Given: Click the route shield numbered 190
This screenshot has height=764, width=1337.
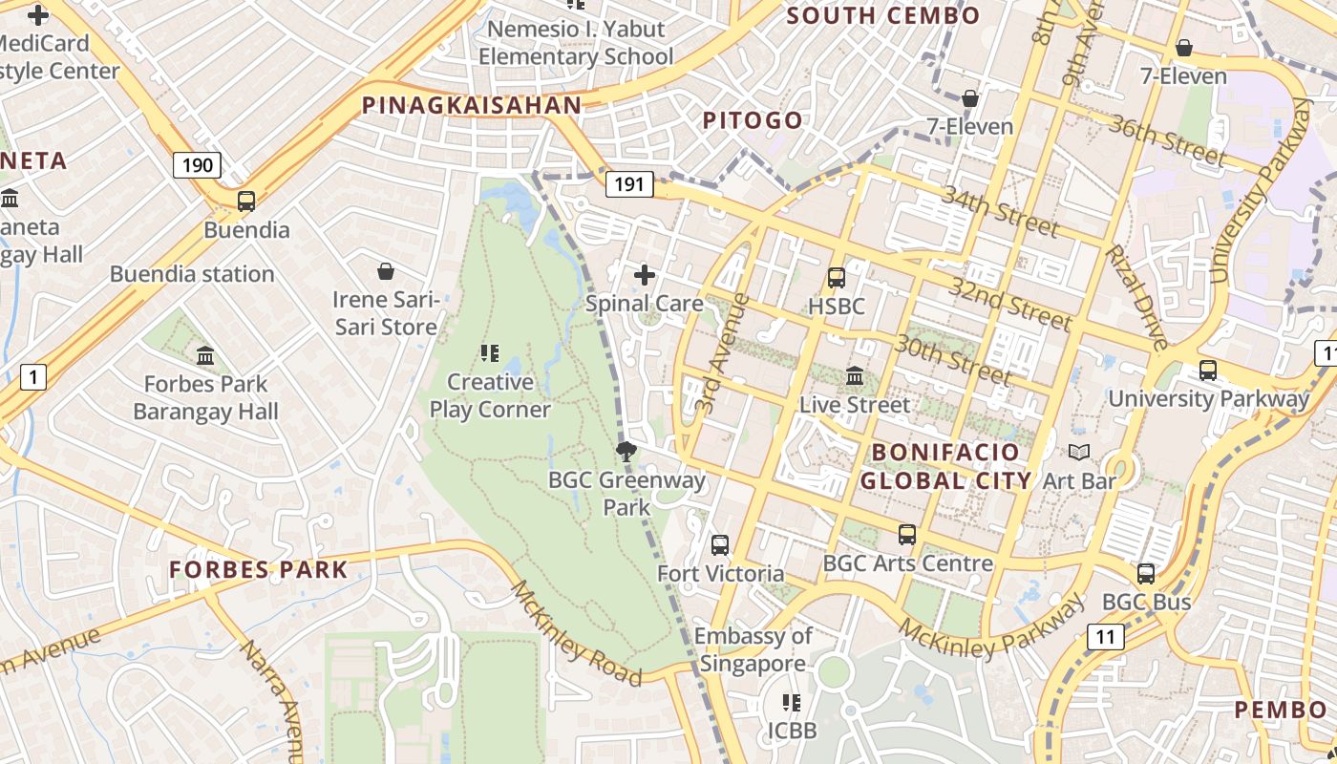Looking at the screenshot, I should point(198,165).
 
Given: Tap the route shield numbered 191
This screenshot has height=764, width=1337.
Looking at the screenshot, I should point(629,183).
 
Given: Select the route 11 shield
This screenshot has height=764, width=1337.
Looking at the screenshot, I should point(1105,637).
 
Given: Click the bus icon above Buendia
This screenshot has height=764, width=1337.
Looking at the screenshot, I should point(246,202).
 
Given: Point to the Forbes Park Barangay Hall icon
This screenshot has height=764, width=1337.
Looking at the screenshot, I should point(205,356).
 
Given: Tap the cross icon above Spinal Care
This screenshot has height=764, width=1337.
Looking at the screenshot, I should point(645,276).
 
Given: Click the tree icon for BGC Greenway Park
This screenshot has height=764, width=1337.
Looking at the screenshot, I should point(626,452).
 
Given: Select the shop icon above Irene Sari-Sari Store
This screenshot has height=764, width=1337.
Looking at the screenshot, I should point(386,272).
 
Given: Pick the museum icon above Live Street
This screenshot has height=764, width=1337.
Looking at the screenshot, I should point(855,376).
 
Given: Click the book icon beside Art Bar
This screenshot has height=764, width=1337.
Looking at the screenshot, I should point(1079,453).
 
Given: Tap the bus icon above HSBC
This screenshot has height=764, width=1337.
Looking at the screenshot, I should point(837,278).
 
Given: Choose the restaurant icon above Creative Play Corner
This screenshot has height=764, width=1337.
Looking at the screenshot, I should point(490,354).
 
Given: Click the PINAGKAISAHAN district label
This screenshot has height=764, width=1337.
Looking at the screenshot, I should point(472,106).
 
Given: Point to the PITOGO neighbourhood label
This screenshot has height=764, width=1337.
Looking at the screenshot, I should point(753,120).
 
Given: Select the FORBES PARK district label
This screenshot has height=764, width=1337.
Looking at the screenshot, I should point(259,570).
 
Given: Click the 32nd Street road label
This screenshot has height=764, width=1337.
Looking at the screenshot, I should point(1009,304).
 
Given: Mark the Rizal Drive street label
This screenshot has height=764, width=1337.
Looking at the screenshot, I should point(1135,296).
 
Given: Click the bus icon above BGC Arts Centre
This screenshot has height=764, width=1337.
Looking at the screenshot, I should point(907,535).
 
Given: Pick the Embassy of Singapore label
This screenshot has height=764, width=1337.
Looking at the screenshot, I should point(753,649).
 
